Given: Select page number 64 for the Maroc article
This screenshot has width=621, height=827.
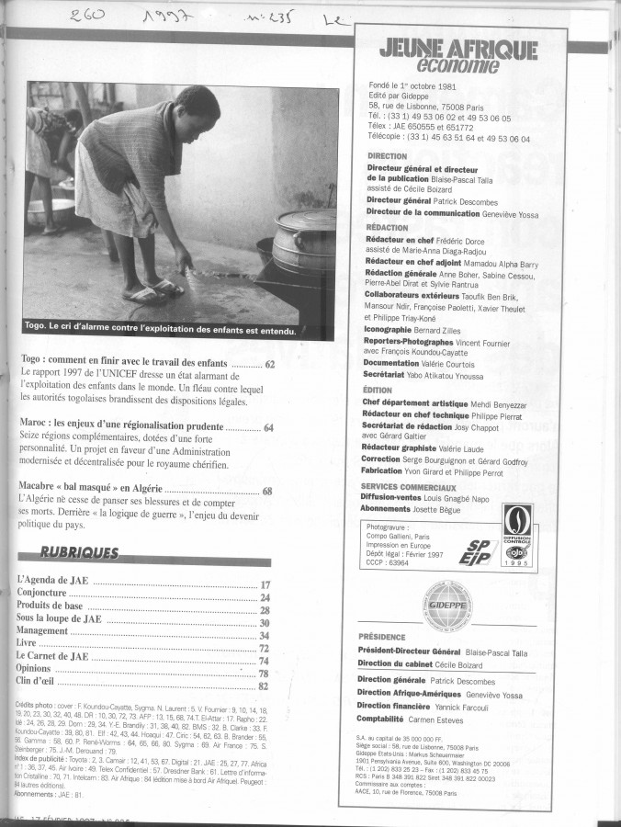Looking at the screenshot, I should tap(269, 427).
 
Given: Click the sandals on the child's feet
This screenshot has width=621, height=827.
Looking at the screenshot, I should tap(157, 292).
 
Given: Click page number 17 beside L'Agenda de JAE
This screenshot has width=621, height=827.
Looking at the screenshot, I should tap(265, 584).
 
